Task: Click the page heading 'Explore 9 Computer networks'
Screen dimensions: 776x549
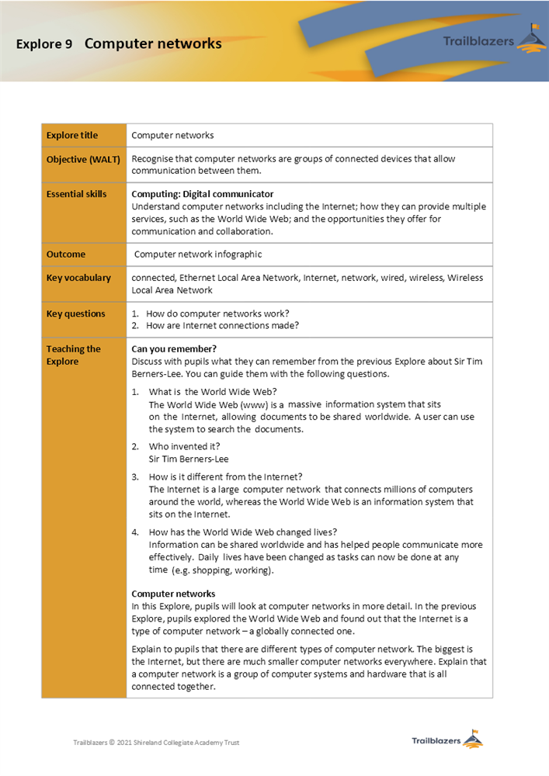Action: [x=119, y=43]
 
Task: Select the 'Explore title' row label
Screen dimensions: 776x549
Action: [x=72, y=135]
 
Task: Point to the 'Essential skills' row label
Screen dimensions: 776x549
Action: [x=76, y=194]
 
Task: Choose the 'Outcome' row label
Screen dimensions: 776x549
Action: [x=66, y=255]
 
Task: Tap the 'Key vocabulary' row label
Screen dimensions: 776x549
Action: [x=78, y=278]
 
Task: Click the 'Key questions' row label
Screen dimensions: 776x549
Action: [x=75, y=314]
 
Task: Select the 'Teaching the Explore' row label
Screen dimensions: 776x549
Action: [x=73, y=355]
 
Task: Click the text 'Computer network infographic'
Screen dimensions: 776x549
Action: [x=198, y=255]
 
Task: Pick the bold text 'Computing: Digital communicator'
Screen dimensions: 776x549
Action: [x=202, y=194]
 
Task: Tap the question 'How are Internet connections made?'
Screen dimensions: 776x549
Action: [x=222, y=326]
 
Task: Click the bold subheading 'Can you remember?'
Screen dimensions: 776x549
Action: [x=174, y=348]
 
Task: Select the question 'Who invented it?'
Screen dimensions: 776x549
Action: [x=184, y=446]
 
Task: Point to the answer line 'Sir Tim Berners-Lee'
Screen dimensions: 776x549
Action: [x=189, y=459]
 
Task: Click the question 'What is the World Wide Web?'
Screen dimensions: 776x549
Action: [x=212, y=392]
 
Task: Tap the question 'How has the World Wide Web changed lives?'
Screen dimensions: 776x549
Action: [x=242, y=532]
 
